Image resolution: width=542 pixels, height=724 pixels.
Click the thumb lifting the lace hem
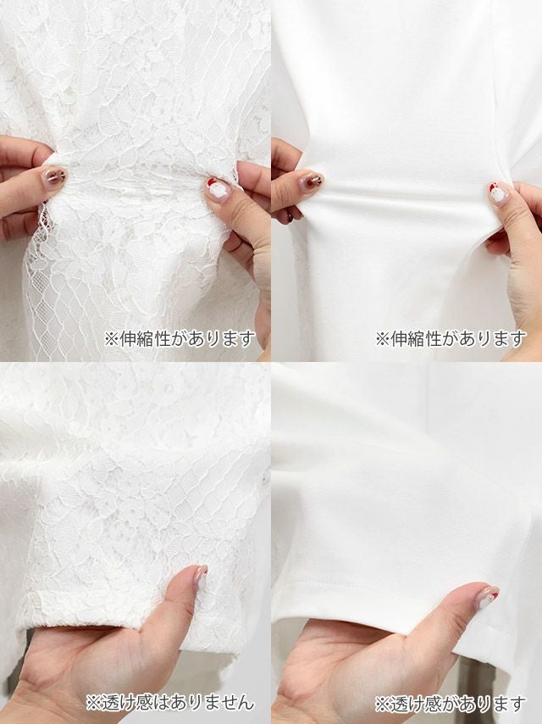click(x=184, y=596)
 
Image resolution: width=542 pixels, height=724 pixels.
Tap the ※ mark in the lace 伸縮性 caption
click(x=112, y=339)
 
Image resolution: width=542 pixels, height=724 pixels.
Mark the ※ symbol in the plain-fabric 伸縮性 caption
click(x=383, y=339)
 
